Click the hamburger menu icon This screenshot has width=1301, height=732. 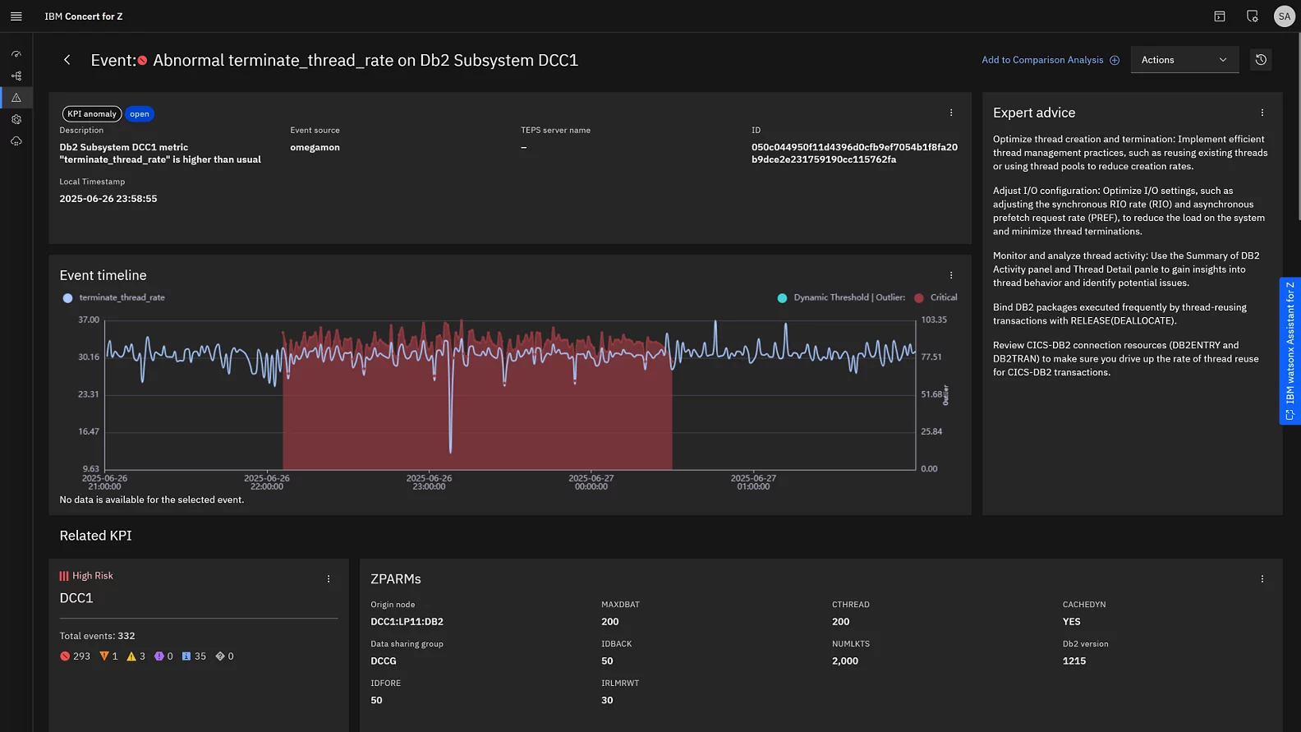click(x=16, y=16)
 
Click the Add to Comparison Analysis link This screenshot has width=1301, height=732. click(x=1050, y=60)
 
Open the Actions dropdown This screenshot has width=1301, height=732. click(x=1184, y=60)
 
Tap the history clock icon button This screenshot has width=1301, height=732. click(x=1261, y=60)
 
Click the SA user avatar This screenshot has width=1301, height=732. click(x=1284, y=16)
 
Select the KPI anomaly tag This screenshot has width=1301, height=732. click(x=92, y=114)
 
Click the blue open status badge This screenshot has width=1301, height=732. click(x=140, y=114)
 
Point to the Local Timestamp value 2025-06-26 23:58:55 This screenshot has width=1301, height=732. click(x=108, y=199)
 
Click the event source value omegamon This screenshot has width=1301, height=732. click(x=315, y=148)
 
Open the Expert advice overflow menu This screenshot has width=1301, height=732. click(x=1262, y=113)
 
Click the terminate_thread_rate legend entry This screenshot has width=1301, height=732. click(x=121, y=297)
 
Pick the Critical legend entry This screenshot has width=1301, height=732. click(x=943, y=297)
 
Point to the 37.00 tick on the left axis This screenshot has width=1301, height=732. click(x=89, y=320)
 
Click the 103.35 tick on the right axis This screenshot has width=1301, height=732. click(x=934, y=320)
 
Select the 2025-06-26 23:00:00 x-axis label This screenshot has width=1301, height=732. click(x=429, y=482)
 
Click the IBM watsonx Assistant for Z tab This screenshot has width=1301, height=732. click(x=1290, y=351)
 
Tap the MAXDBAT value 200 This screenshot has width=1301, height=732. click(x=610, y=622)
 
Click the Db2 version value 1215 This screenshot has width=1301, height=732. click(x=1074, y=661)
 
